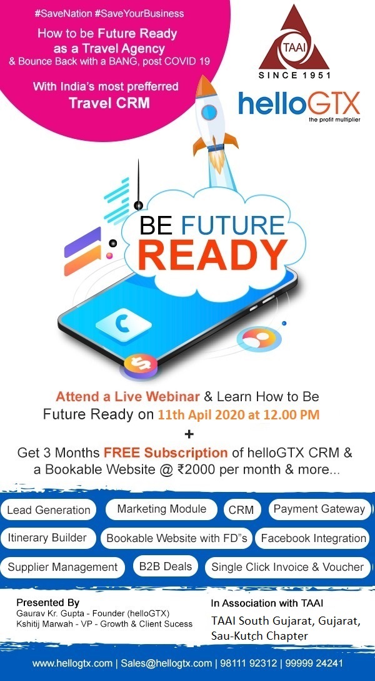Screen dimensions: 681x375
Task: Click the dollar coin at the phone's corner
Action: pyautogui.click(x=141, y=364)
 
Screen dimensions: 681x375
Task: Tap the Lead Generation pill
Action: pyautogui.click(x=49, y=510)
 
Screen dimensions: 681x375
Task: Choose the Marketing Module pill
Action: pyautogui.click(x=161, y=509)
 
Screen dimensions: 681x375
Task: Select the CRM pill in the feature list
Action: pyautogui.click(x=241, y=510)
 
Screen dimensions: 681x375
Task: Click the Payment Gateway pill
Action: pyautogui.click(x=319, y=509)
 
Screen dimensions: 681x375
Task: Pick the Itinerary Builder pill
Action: pyautogui.click(x=47, y=538)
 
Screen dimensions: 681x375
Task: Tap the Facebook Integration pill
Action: pyautogui.click(x=313, y=538)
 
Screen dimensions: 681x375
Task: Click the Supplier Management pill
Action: pyautogui.click(x=62, y=567)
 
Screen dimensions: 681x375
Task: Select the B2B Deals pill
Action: pyautogui.click(x=165, y=566)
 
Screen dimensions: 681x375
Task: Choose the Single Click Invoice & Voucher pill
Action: pyautogui.click(x=287, y=567)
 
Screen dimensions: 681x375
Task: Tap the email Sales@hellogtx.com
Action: pyautogui.click(x=166, y=663)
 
